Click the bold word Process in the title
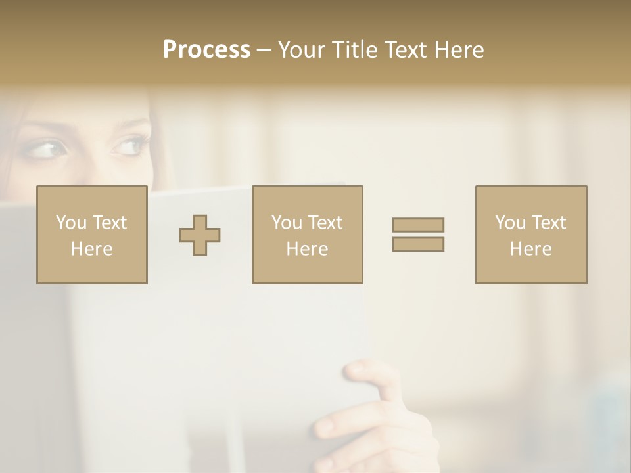(x=206, y=50)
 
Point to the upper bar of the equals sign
(x=418, y=225)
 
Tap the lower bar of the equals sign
(x=418, y=244)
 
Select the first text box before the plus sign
(x=91, y=235)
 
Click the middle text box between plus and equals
(x=307, y=235)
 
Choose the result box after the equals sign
(x=530, y=235)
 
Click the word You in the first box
(x=71, y=223)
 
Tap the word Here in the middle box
(x=307, y=249)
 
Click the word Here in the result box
(x=530, y=249)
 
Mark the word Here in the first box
(x=91, y=249)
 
